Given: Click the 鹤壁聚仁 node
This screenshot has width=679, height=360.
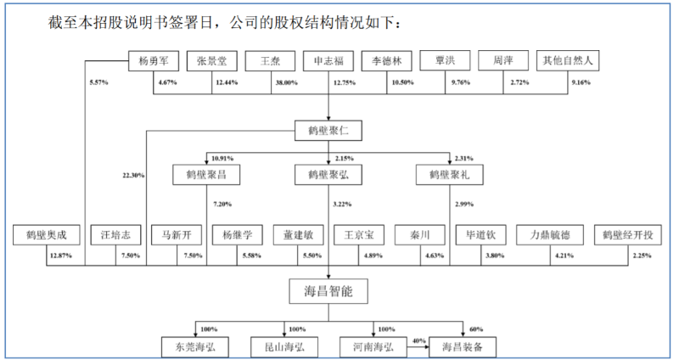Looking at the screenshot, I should [328, 131].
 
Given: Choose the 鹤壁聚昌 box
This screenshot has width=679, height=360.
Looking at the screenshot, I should [205, 176].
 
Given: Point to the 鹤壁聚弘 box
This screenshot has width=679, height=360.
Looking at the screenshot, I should [328, 176].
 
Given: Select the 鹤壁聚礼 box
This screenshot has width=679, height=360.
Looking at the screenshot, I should [449, 176].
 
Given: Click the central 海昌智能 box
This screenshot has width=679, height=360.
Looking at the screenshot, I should [328, 291].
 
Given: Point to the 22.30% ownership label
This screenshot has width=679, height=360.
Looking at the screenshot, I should [133, 176].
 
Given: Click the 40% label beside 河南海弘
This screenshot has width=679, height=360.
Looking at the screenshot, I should [418, 340].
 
